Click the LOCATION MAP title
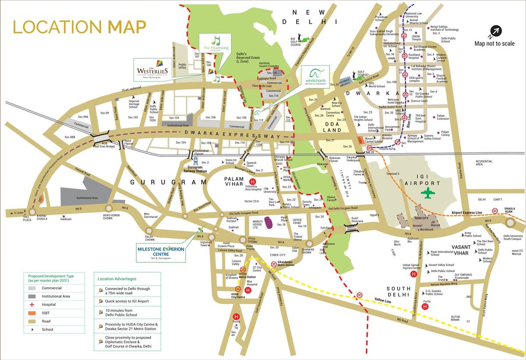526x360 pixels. (x=79, y=27)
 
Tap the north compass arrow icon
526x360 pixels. (x=496, y=31)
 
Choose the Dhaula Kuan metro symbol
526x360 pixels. (x=494, y=210)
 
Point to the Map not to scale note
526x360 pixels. (x=494, y=43)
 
